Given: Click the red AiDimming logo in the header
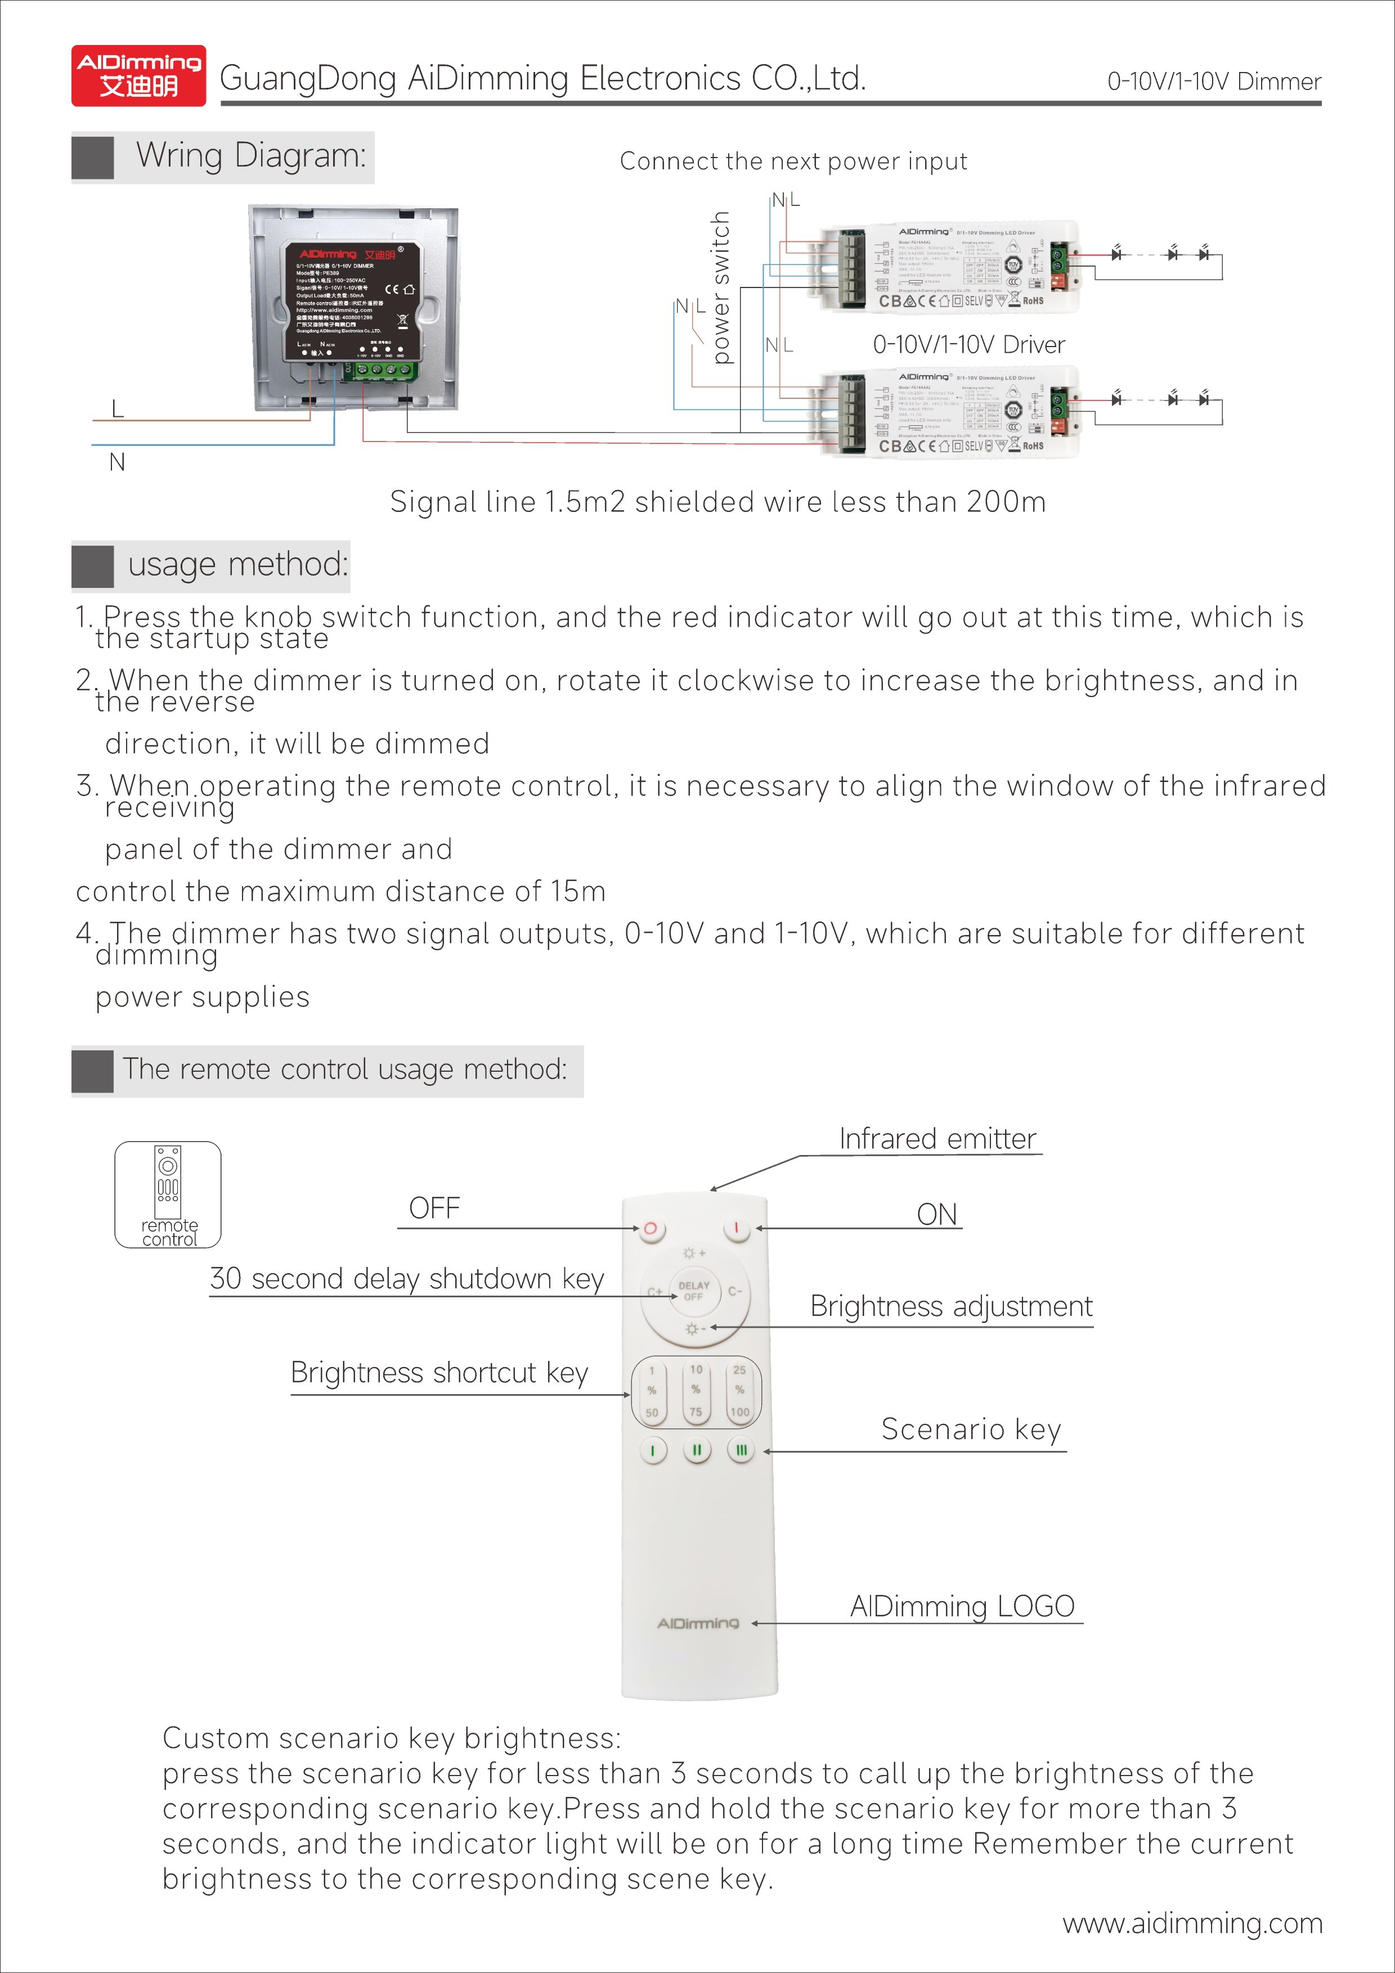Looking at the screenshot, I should [138, 75].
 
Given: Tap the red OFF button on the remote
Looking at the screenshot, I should [650, 1228].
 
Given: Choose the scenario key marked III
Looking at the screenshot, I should [740, 1450].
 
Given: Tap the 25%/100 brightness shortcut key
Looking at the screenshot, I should [739, 1390].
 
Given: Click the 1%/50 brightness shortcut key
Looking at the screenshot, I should [652, 1390].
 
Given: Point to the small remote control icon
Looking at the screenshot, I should [168, 1194].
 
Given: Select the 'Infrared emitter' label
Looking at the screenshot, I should [937, 1139].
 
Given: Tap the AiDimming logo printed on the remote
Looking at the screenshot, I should [697, 1623].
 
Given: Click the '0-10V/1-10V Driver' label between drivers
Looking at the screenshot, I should [968, 345].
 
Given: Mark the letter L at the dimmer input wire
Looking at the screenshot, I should [118, 409].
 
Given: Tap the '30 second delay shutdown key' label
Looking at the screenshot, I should [406, 1279].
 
